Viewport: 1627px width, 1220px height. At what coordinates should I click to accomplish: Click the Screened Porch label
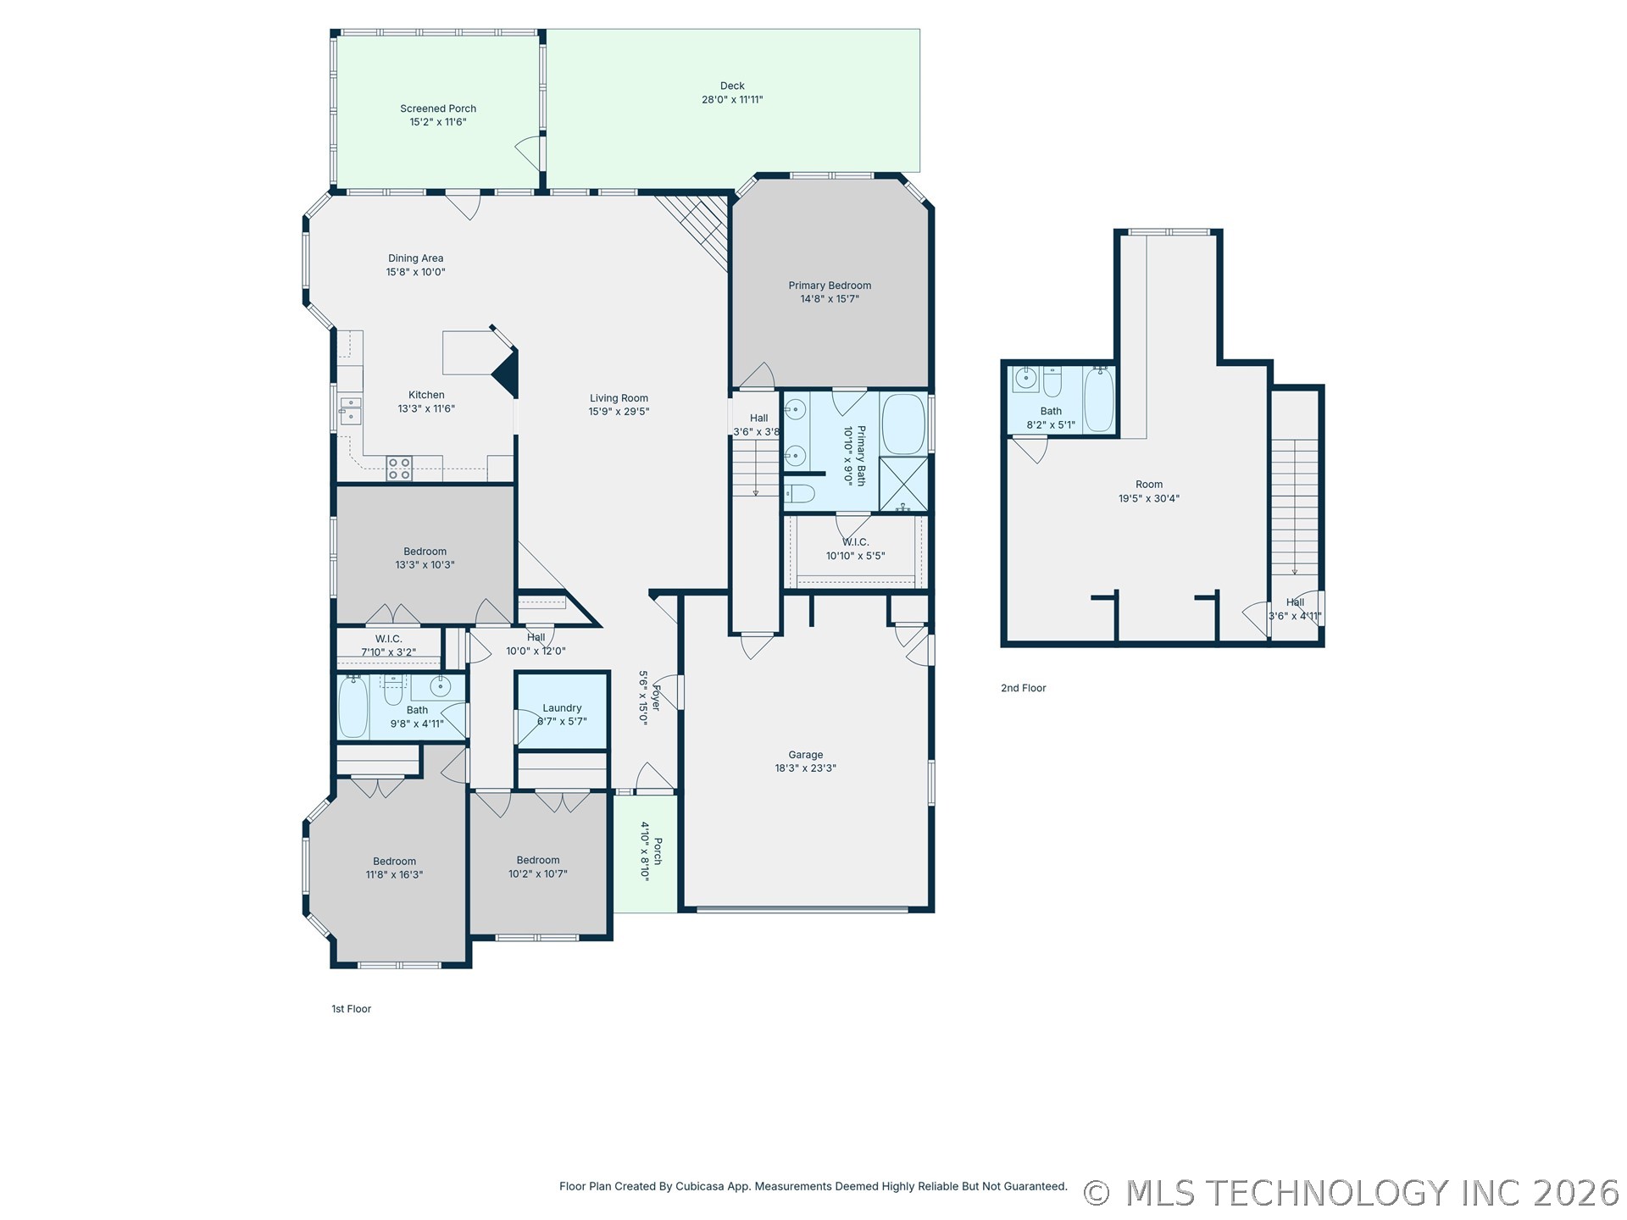pyautogui.click(x=438, y=108)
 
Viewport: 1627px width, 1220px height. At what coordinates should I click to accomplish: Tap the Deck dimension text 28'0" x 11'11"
pyautogui.click(x=732, y=100)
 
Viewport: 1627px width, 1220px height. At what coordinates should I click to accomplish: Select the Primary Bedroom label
pyautogui.click(x=830, y=286)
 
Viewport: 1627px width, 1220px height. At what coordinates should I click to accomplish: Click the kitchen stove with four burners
pyautogui.click(x=399, y=469)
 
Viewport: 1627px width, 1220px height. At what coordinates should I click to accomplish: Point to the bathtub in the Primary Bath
pyautogui.click(x=903, y=424)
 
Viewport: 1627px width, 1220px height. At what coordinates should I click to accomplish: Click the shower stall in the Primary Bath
pyautogui.click(x=903, y=485)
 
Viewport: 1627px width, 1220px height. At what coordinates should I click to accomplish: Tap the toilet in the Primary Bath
pyautogui.click(x=799, y=494)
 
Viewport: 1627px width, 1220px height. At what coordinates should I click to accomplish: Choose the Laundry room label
pyautogui.click(x=562, y=708)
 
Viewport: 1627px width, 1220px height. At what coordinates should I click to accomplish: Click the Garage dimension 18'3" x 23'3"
pyautogui.click(x=805, y=768)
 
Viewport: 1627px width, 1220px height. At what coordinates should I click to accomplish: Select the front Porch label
pyautogui.click(x=658, y=851)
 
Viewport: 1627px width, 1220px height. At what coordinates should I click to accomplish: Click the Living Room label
pyautogui.click(x=619, y=398)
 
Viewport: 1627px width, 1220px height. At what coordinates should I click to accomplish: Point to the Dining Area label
pyautogui.click(x=415, y=258)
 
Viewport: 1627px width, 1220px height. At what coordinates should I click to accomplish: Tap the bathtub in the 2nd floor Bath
pyautogui.click(x=1099, y=399)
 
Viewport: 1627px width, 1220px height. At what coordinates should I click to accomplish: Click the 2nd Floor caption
pyautogui.click(x=1023, y=688)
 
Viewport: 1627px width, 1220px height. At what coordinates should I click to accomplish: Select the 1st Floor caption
pyautogui.click(x=351, y=1009)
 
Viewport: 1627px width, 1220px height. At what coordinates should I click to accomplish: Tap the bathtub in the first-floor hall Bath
pyautogui.click(x=353, y=707)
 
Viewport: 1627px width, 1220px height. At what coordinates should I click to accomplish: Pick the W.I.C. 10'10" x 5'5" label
pyautogui.click(x=855, y=542)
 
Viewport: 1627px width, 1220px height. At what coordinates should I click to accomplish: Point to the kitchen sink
pyautogui.click(x=350, y=410)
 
